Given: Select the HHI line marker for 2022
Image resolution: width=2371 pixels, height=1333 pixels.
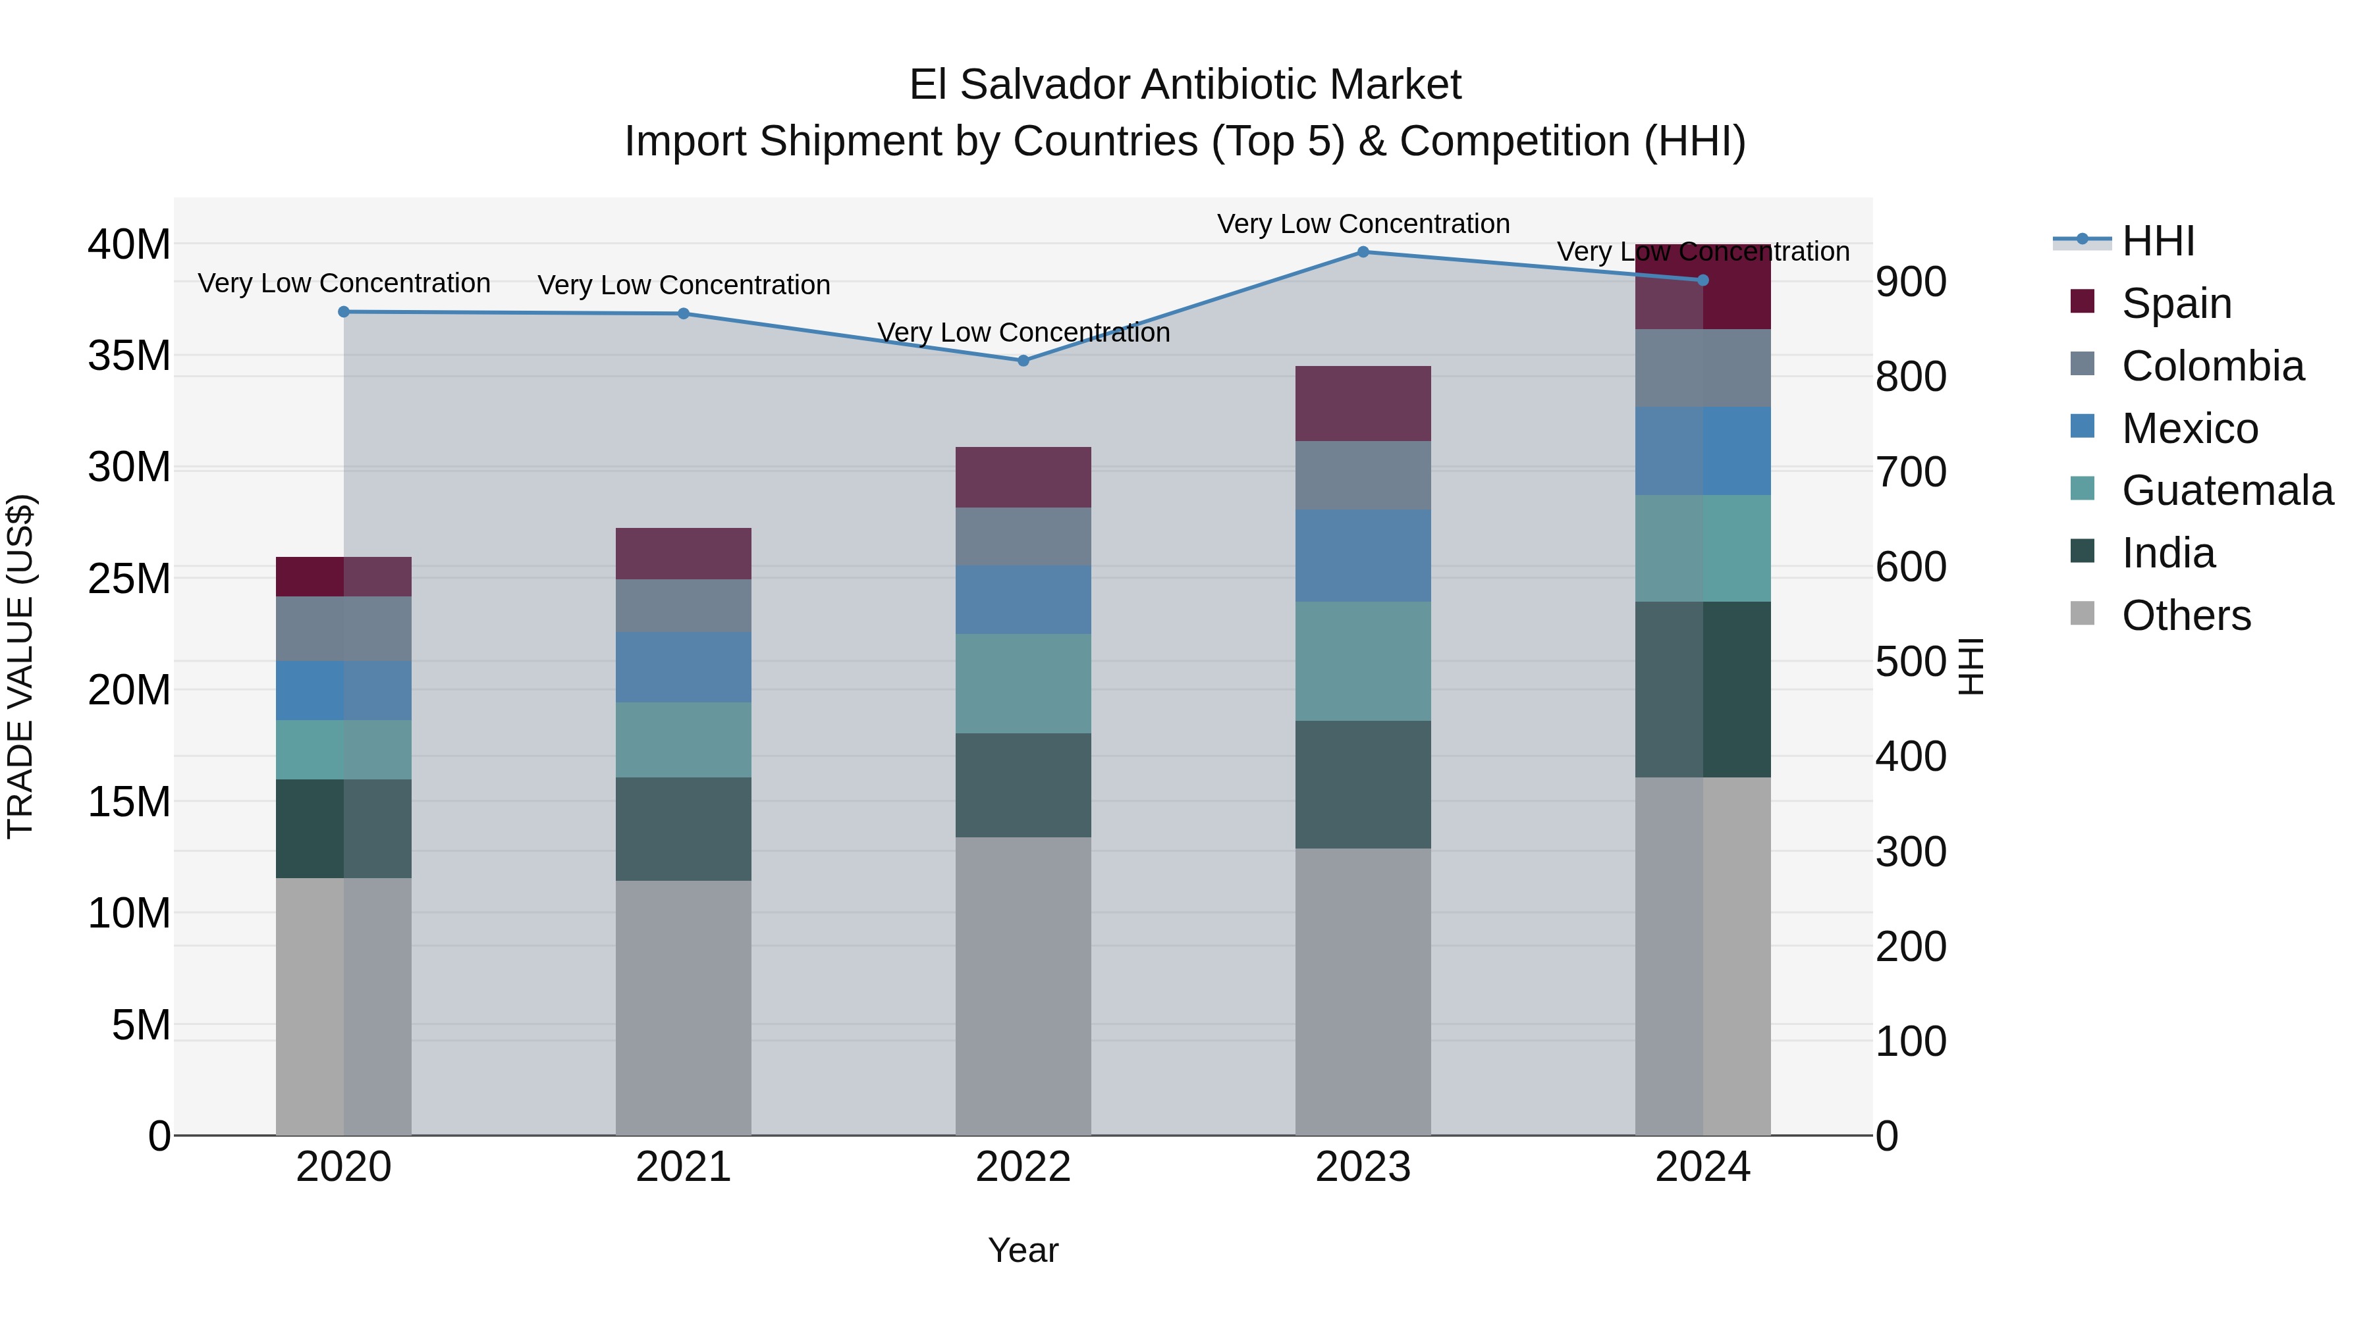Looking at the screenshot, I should pyautogui.click(x=1023, y=361).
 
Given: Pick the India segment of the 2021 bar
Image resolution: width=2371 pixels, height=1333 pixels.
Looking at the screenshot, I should pyautogui.click(x=683, y=829).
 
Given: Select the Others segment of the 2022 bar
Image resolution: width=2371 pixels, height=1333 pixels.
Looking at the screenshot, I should pyautogui.click(x=1023, y=985).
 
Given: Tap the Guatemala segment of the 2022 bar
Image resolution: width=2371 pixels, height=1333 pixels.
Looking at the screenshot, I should pyautogui.click(x=1023, y=683).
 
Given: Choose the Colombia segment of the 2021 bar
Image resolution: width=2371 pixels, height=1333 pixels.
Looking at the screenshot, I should pyautogui.click(x=683, y=606).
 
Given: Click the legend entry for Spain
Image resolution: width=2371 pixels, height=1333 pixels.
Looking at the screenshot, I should pyautogui.click(x=2175, y=303).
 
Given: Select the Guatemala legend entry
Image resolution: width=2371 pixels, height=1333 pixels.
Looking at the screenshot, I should pyautogui.click(x=2227, y=490).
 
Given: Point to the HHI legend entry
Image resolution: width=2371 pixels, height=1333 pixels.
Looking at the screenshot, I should pyautogui.click(x=2156, y=241).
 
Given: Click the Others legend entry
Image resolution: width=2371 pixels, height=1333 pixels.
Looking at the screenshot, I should pyautogui.click(x=2185, y=615).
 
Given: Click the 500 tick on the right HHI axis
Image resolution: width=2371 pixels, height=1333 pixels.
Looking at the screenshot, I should pyautogui.click(x=1911, y=662).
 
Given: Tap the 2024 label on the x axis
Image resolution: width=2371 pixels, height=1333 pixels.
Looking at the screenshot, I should pyautogui.click(x=1702, y=1167).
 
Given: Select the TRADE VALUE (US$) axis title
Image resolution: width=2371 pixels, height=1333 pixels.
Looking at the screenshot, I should pyautogui.click(x=20, y=666).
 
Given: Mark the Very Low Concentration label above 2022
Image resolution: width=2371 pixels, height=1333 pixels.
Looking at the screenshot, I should pyautogui.click(x=1023, y=332).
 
